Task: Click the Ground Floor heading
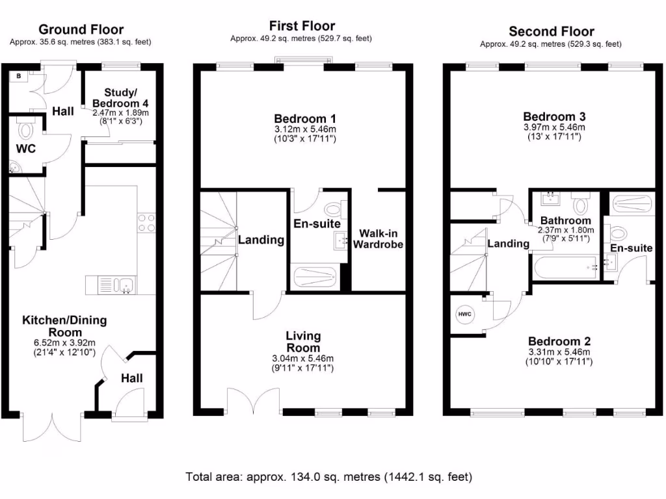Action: click(x=81, y=29)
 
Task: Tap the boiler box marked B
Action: click(x=19, y=76)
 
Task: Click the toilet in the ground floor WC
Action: click(x=26, y=129)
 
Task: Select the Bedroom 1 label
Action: click(x=304, y=119)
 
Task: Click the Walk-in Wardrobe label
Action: click(x=377, y=239)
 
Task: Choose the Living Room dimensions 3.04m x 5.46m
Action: click(x=304, y=359)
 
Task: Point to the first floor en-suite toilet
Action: click(x=334, y=210)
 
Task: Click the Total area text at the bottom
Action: click(x=328, y=476)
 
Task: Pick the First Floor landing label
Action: click(x=261, y=240)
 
